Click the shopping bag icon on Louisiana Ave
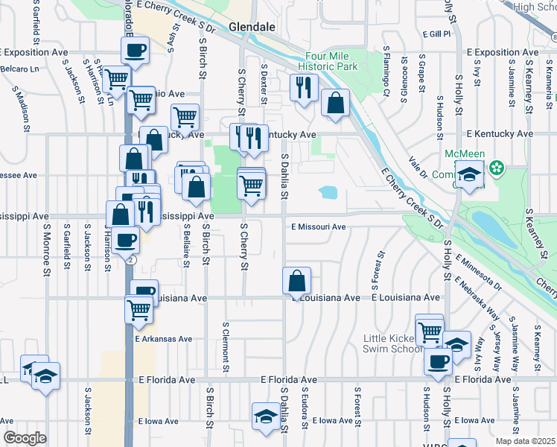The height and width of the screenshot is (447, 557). click(x=296, y=282)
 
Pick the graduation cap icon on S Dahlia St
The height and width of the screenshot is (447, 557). click(x=266, y=417)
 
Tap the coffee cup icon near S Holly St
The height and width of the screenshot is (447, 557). click(x=438, y=361)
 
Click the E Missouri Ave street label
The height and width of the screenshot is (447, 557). click(x=319, y=226)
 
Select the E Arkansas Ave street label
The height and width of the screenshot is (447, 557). click(x=164, y=338)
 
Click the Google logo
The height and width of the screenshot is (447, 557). click(x=24, y=438)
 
